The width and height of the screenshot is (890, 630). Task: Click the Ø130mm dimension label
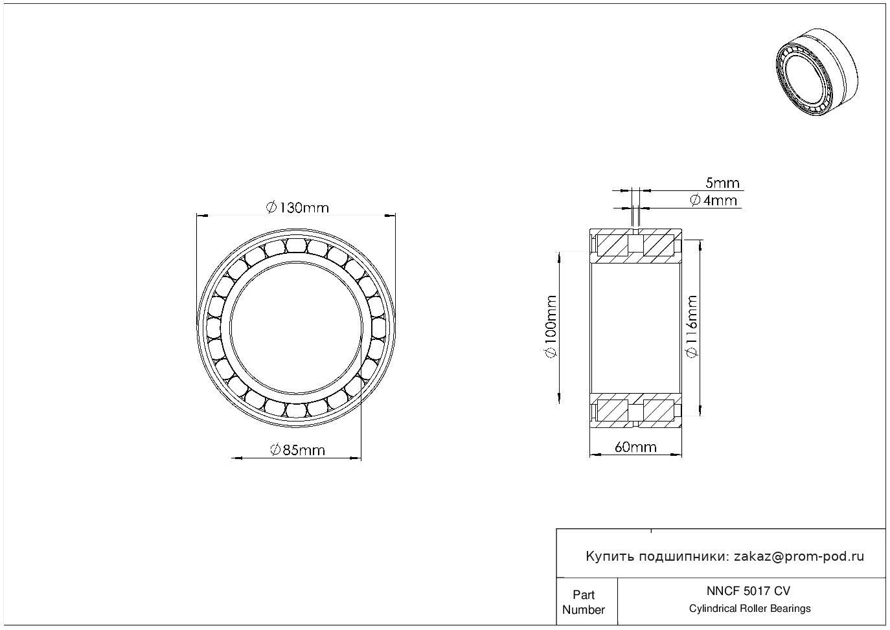point(297,208)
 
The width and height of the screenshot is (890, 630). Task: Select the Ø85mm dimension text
point(297,450)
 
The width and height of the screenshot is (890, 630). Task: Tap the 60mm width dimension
point(635,447)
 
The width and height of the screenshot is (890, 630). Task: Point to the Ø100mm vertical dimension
point(551,326)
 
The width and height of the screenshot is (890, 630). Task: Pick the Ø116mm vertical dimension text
point(692,326)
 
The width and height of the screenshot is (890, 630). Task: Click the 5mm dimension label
point(722,183)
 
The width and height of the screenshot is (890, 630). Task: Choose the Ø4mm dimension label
point(714,200)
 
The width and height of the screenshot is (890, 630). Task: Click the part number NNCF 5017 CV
point(749,591)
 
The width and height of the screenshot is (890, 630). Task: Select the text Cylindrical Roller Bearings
point(749,608)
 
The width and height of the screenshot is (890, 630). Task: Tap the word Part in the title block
point(584,594)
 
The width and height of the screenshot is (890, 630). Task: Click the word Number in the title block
point(583,609)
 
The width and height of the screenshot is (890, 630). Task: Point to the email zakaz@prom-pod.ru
point(799,557)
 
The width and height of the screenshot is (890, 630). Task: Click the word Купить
point(610,557)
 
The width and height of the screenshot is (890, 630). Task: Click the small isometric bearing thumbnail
point(817,72)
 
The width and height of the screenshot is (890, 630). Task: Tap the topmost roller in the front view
point(296,245)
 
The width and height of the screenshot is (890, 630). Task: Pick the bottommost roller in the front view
point(296,411)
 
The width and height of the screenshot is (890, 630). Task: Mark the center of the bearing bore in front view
point(296,328)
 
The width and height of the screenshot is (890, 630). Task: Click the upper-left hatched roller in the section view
point(613,245)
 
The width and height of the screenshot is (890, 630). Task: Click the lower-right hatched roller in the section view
point(659,410)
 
